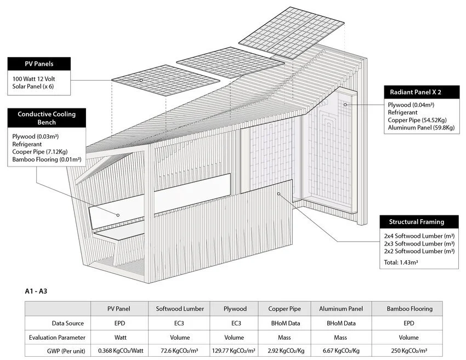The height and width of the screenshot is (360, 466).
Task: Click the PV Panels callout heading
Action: (38, 64)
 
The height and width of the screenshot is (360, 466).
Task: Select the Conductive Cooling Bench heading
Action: (47, 118)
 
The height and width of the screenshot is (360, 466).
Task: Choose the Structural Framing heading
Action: (416, 222)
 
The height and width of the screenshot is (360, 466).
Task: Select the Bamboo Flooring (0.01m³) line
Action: (47, 160)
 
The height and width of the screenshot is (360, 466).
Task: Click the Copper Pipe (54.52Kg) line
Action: (418, 120)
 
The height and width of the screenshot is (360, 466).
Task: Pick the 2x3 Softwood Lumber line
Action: (419, 243)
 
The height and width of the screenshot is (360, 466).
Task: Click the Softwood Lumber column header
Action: (179, 308)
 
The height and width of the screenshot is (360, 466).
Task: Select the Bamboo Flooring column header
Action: (406, 308)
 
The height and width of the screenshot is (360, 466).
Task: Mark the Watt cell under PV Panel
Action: (121, 338)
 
